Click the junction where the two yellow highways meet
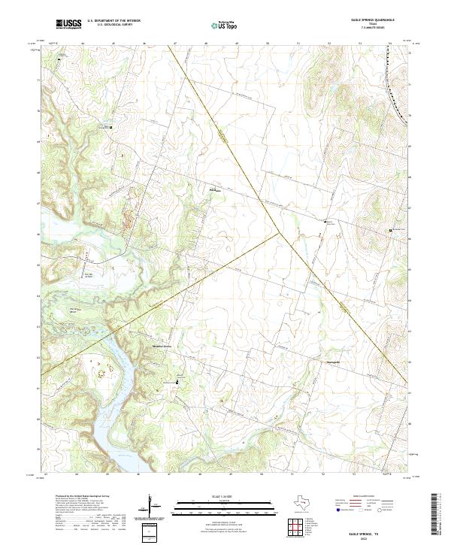click(x=280, y=232)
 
